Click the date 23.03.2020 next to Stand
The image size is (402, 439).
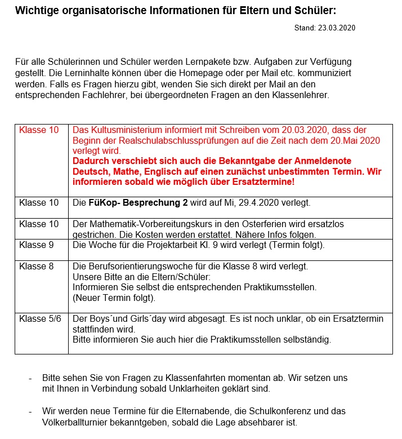tap(337, 28)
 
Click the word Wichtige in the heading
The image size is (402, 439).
tap(37, 10)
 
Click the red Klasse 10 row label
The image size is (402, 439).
tap(39, 130)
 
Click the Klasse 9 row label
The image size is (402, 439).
tap(37, 245)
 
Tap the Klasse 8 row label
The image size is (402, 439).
tap(37, 267)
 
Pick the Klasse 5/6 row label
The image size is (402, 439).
tap(40, 319)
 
